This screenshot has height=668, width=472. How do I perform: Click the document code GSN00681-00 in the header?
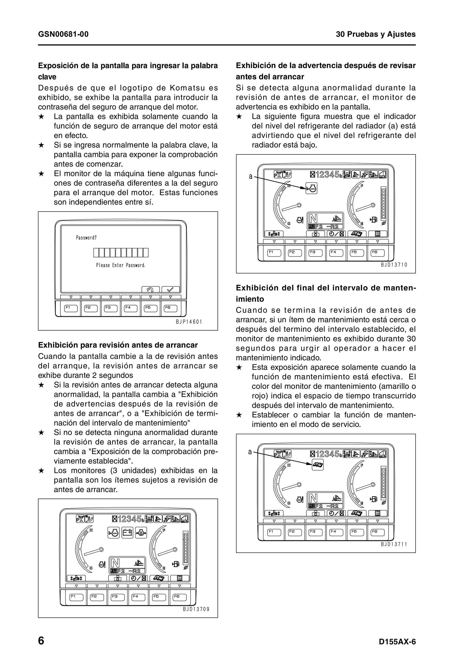(x=63, y=34)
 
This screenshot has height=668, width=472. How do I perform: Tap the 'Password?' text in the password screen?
(x=86, y=238)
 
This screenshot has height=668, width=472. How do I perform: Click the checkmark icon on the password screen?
(x=171, y=290)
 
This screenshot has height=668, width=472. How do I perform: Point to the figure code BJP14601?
(x=189, y=322)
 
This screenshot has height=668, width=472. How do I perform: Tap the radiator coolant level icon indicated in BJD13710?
(x=311, y=189)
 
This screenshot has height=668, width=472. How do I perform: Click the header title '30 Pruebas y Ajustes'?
(x=375, y=34)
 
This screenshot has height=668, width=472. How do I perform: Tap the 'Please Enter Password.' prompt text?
(x=121, y=265)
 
